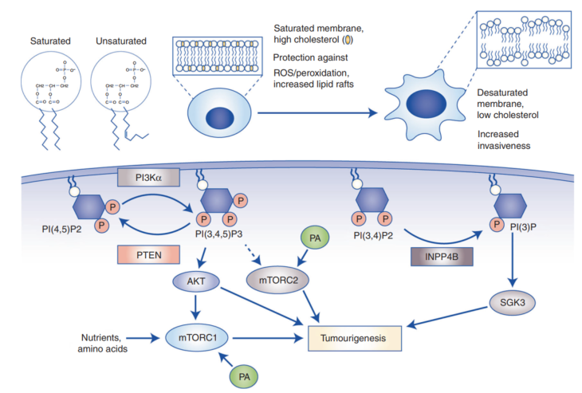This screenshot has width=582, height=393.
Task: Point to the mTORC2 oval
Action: (x=276, y=281)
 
